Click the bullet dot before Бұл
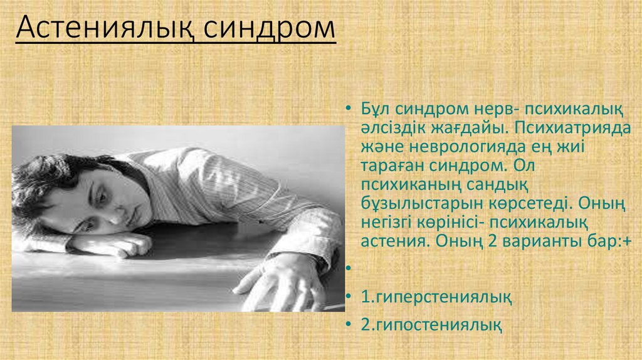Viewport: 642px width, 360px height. pos(348,110)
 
